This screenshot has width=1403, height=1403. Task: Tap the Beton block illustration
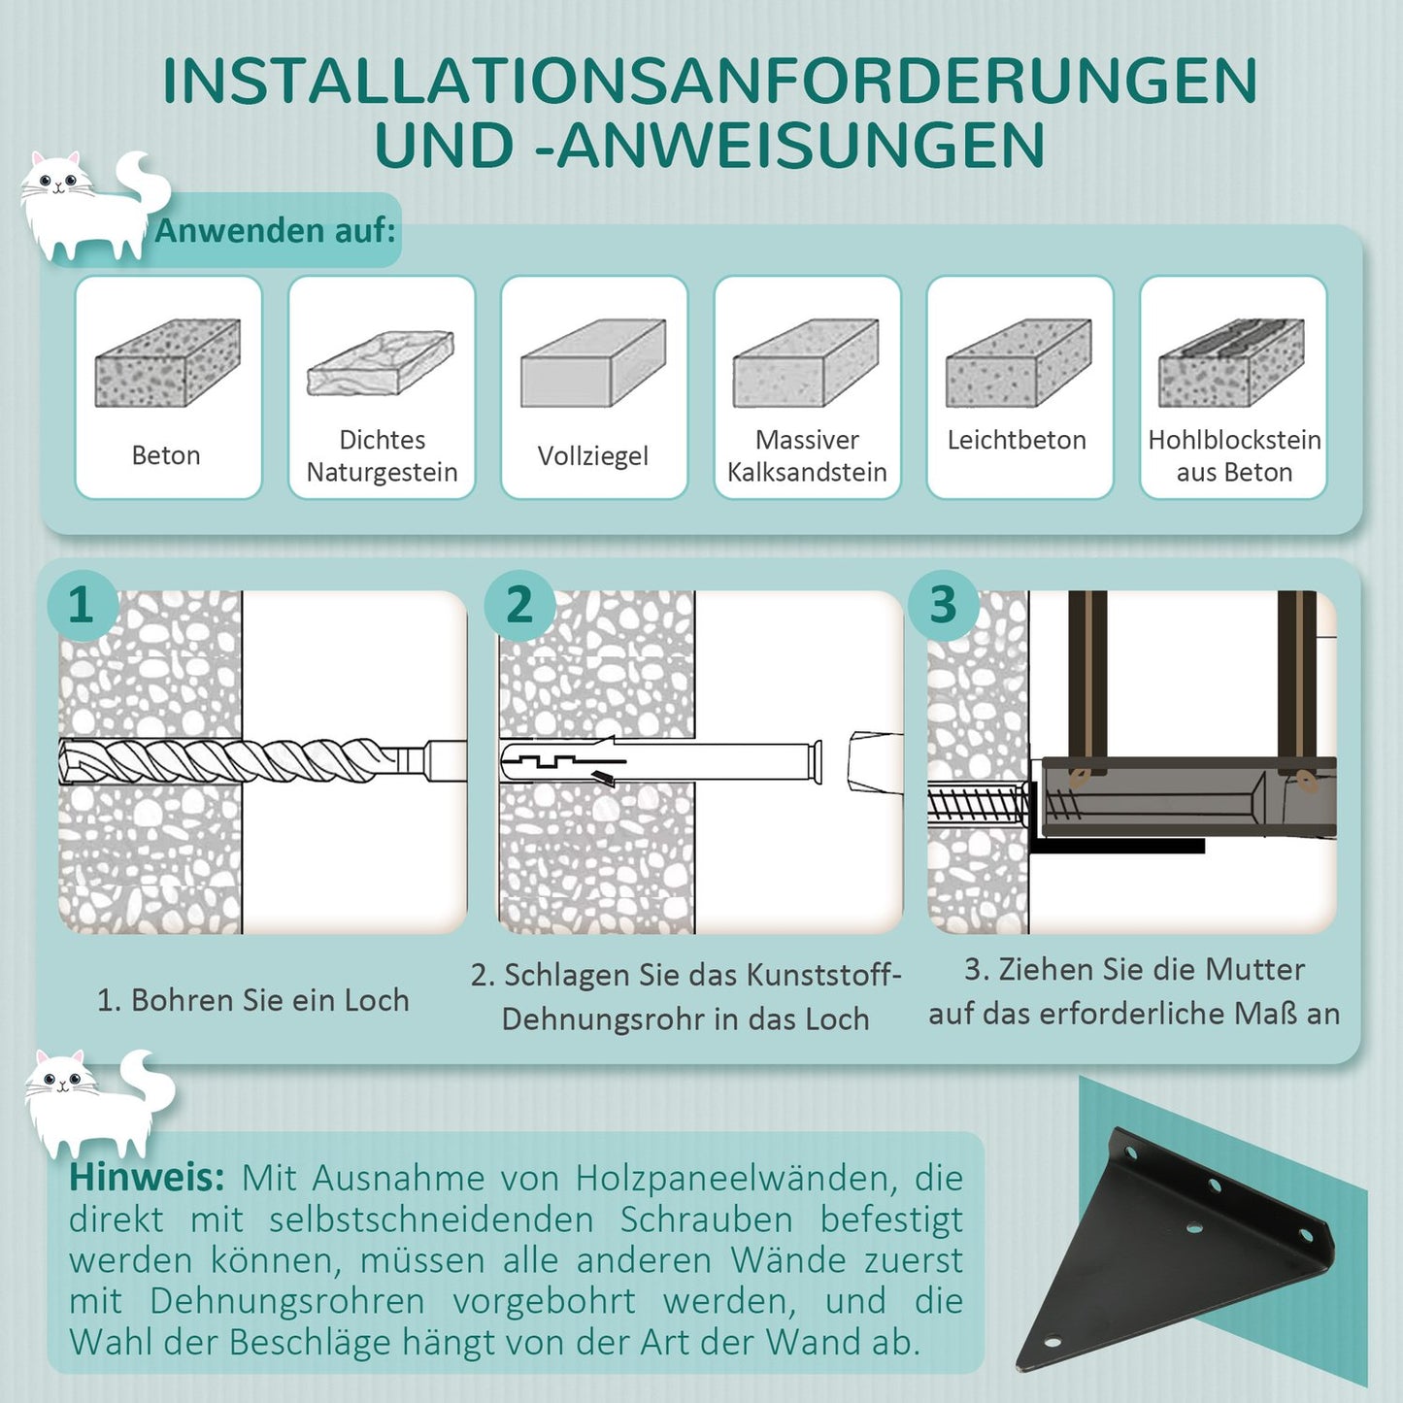click(167, 363)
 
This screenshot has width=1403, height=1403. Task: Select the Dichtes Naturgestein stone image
click(381, 362)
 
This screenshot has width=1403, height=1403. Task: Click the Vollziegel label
click(592, 455)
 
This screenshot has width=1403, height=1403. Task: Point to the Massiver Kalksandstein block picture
click(806, 363)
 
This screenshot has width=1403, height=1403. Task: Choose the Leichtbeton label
click(1017, 440)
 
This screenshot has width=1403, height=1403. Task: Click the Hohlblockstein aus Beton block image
click(1231, 363)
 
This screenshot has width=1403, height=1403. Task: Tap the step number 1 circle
click(82, 605)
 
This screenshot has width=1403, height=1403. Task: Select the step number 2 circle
click(519, 605)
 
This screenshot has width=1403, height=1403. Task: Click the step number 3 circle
click(943, 605)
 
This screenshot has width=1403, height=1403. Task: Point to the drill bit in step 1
click(243, 760)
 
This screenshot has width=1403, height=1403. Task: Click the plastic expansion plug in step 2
click(660, 761)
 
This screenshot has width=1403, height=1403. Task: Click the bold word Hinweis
click(147, 1178)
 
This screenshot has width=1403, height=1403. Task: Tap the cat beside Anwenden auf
click(92, 206)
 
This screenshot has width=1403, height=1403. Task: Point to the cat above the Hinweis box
click(97, 1102)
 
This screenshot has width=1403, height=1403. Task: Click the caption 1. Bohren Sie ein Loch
click(253, 1000)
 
